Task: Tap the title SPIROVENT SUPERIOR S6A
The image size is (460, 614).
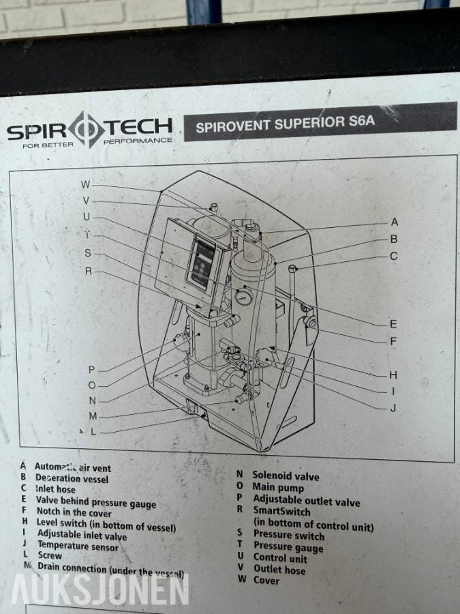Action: click(286, 125)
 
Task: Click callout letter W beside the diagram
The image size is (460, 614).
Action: click(85, 184)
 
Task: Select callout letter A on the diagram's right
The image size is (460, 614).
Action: click(394, 222)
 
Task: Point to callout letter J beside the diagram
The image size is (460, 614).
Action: click(393, 408)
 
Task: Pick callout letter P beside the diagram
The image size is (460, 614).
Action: click(91, 369)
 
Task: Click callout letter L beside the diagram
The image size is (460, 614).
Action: click(93, 431)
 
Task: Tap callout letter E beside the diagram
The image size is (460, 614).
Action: click(393, 324)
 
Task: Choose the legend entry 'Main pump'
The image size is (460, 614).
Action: click(278, 488)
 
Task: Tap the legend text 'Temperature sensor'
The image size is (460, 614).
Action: click(78, 546)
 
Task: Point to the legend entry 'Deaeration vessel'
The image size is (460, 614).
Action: click(72, 479)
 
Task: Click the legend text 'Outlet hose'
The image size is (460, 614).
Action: click(279, 569)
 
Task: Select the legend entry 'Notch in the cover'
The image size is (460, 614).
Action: click(74, 512)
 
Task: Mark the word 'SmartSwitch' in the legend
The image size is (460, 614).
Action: click(282, 511)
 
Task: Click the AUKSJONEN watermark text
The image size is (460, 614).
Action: click(99, 590)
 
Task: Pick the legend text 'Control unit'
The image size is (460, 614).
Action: click(280, 558)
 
